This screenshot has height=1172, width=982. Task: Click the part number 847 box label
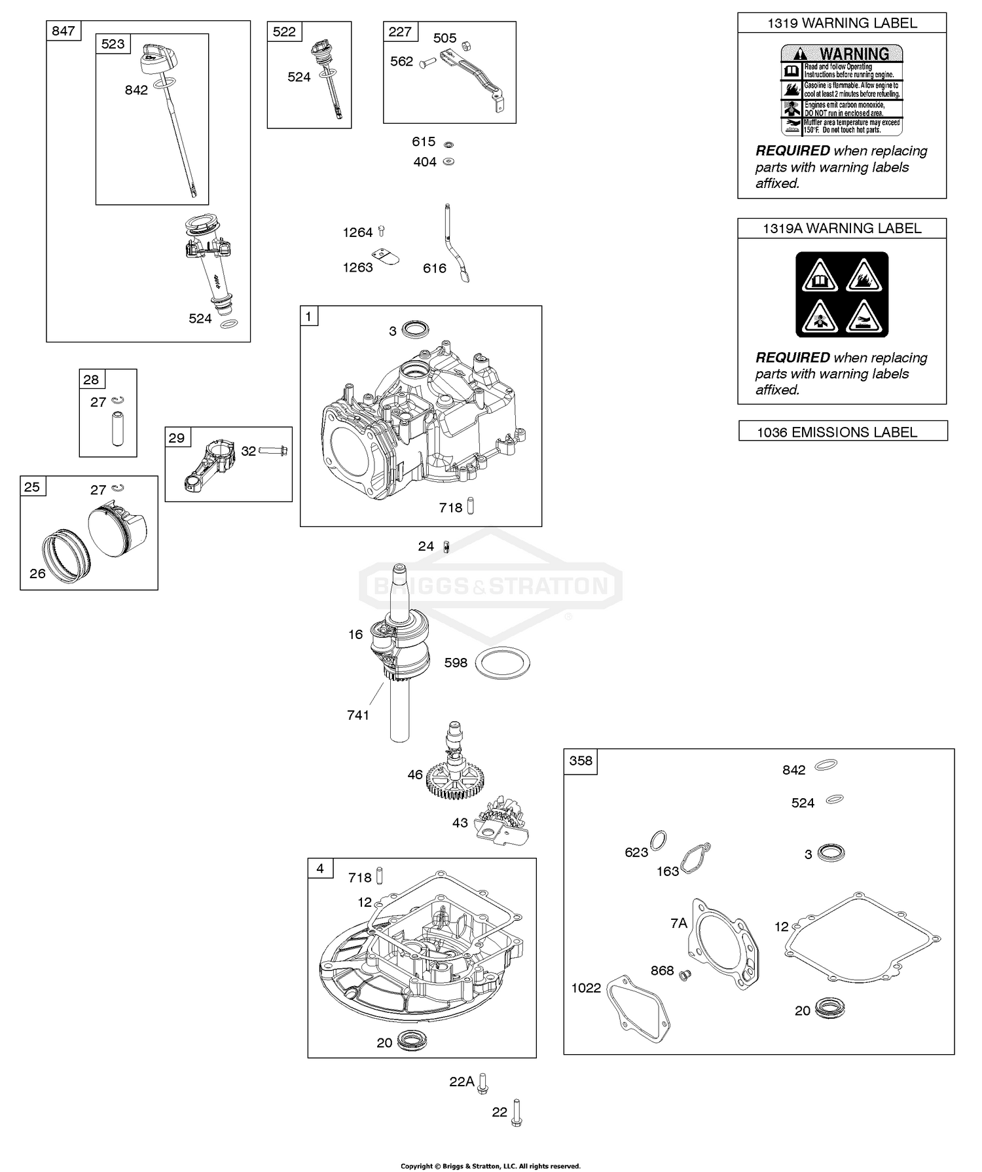pyautogui.click(x=63, y=31)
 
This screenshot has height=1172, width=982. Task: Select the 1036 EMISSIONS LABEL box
pyautogui.click(x=843, y=431)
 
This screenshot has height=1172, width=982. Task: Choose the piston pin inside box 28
pyautogui.click(x=117, y=428)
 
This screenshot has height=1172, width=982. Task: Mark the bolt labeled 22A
pyautogui.click(x=483, y=1084)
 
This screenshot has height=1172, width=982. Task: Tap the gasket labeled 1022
pyautogui.click(x=638, y=1008)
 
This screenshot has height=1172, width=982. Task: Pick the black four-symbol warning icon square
pyautogui.click(x=842, y=295)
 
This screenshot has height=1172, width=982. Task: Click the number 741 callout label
pyautogui.click(x=358, y=715)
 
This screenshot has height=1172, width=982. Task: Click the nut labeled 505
pyautogui.click(x=467, y=46)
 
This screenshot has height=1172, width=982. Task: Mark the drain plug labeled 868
pyautogui.click(x=685, y=976)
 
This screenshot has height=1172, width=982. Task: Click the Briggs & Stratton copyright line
pyautogui.click(x=490, y=1165)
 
